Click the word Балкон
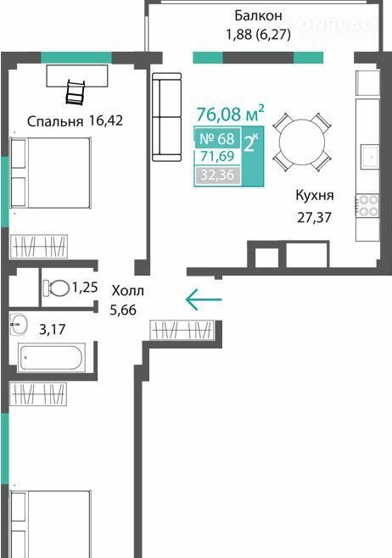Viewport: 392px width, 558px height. click(258, 15)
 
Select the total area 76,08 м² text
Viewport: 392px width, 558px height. click(230, 114)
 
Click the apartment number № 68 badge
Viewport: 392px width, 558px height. click(217, 138)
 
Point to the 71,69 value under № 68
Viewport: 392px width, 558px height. click(217, 156)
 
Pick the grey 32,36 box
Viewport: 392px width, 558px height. click(217, 175)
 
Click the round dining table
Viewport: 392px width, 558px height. click(302, 142)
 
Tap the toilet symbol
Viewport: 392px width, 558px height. click(56, 287)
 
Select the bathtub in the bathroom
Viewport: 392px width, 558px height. click(51, 357)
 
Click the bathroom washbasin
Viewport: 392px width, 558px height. click(18, 324)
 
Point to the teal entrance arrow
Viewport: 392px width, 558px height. click(204, 299)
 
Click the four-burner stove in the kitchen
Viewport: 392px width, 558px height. click(368, 206)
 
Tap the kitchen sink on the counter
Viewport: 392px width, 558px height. click(370, 157)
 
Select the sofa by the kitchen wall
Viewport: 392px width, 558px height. click(166, 117)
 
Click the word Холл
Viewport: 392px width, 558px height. click(128, 291)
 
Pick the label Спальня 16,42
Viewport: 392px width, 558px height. click(76, 121)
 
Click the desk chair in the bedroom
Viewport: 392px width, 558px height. click(76, 92)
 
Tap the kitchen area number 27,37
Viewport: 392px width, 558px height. click(315, 217)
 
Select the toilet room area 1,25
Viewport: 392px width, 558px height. click(85, 287)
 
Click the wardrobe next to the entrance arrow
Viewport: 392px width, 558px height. click(182, 330)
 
